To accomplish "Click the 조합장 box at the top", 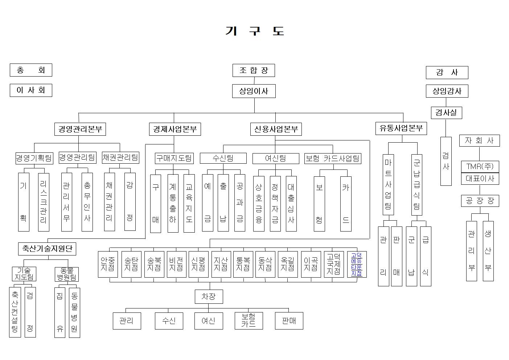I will point(254,70).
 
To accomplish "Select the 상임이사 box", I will point(254,91).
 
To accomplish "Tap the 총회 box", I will point(31,70).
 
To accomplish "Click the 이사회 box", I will point(31,90).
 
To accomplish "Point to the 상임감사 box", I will point(447,91).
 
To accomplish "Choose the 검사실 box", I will point(446,112).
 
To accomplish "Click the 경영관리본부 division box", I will point(80,129).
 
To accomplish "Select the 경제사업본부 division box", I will point(175,129).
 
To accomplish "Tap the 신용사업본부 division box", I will point(276,129).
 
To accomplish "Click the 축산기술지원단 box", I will point(47,249).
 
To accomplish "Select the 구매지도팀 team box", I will point(174,158).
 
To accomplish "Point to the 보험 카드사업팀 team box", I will point(333,158).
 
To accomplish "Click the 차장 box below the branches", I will point(209,296).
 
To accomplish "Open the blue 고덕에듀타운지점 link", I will point(357,265).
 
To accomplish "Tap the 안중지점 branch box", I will point(108,264).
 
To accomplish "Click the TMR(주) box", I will point(480,167).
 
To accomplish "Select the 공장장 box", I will point(480,201).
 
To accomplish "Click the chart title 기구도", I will point(254,31).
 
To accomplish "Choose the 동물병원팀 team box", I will point(67,274).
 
